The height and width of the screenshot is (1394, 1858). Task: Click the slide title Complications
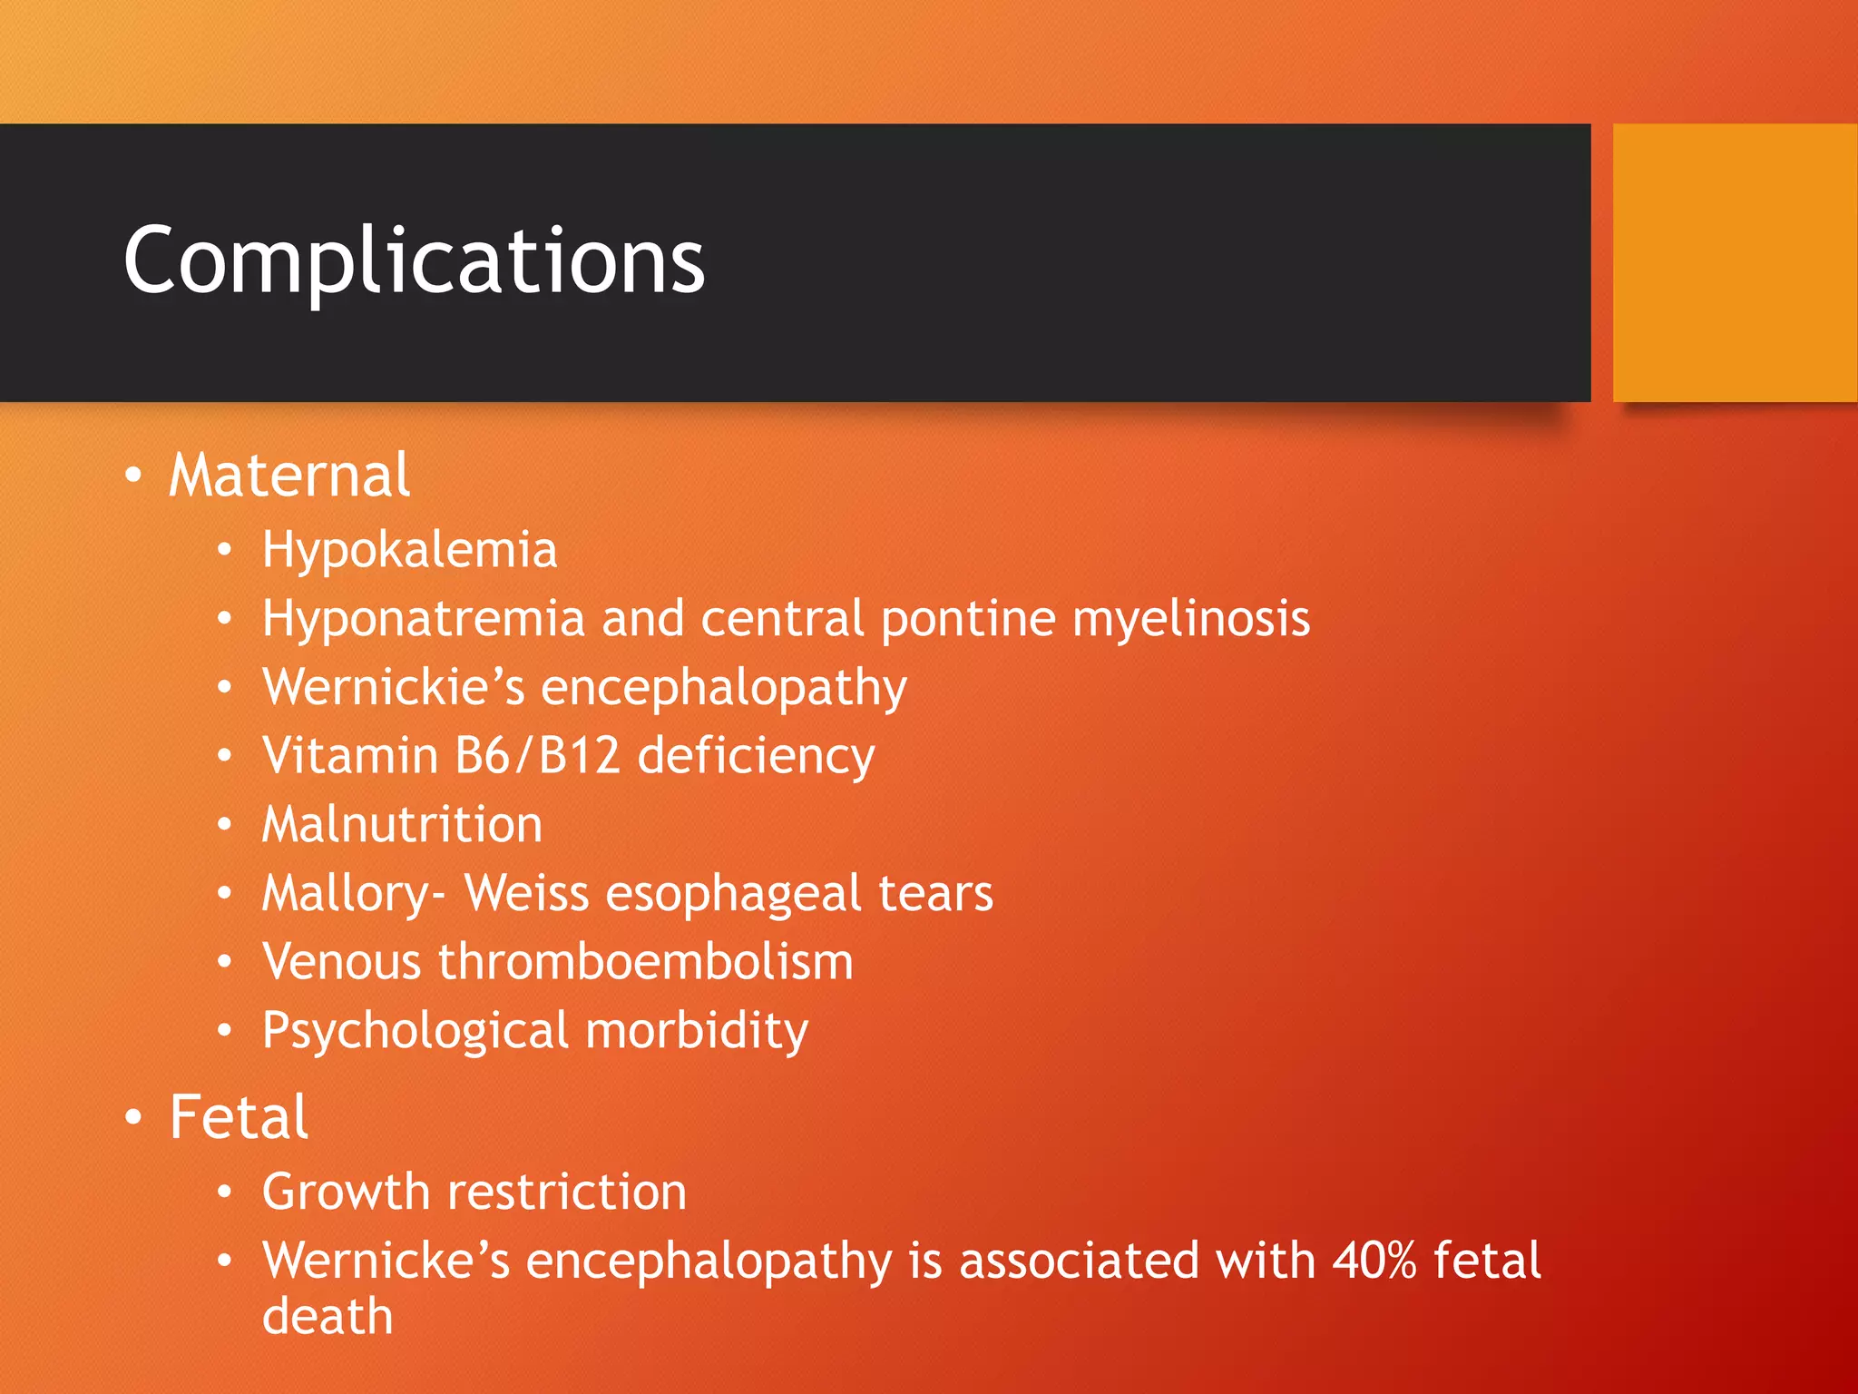414,260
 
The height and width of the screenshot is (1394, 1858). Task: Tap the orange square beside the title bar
1735,262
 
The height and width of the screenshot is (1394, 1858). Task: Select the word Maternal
289,476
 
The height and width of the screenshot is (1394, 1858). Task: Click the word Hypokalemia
409,550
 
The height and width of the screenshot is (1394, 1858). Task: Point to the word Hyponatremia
423,619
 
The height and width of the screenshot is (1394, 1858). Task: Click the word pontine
968,619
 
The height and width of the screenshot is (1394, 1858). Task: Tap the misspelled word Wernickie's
394,687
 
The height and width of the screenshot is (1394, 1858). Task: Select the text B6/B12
537,756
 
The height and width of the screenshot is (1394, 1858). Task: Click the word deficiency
756,756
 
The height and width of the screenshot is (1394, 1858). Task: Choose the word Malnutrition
402,825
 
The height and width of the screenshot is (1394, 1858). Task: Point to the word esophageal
733,894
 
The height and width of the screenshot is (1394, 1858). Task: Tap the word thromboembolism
645,962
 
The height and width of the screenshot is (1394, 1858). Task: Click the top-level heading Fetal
239,1117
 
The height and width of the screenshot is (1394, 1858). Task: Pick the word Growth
346,1192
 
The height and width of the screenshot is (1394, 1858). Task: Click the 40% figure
1374,1261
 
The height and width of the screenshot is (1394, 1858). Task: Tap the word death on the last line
328,1317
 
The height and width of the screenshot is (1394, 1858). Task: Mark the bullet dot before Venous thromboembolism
225,962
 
